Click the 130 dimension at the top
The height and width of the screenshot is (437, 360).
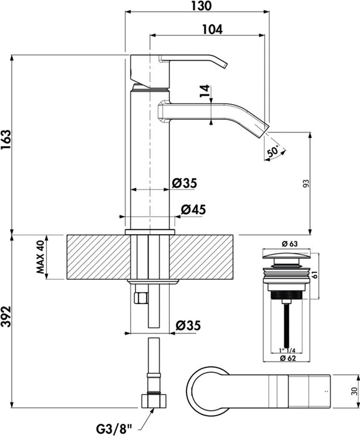[197, 6]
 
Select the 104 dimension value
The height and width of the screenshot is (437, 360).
[213, 29]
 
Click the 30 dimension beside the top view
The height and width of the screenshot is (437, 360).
[354, 390]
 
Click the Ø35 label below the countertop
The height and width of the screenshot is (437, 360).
[187, 325]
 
